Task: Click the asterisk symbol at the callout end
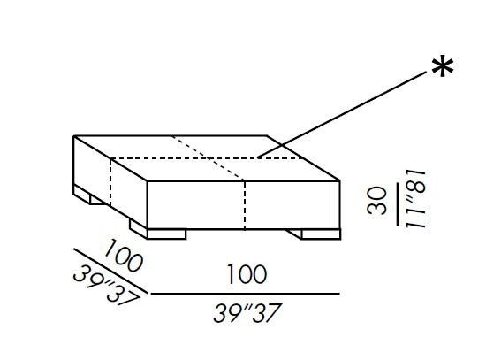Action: (x=443, y=65)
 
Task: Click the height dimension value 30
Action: (x=377, y=201)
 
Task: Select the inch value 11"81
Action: (x=416, y=199)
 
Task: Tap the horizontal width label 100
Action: (x=247, y=274)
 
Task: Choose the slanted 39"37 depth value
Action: (x=106, y=285)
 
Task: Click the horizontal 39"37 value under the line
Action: (x=247, y=313)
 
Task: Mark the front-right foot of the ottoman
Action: (x=321, y=234)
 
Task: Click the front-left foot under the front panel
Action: (x=166, y=234)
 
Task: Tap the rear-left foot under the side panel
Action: (x=90, y=195)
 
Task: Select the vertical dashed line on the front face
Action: (x=245, y=205)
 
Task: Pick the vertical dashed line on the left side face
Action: (x=110, y=181)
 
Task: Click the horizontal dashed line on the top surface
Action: (x=207, y=158)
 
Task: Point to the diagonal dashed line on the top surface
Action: (x=208, y=158)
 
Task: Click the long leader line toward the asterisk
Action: (x=342, y=114)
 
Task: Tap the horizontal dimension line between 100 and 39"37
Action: (x=245, y=294)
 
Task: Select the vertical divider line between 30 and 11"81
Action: (x=398, y=204)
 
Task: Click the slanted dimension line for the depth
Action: (x=110, y=271)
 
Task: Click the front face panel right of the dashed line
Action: (x=292, y=205)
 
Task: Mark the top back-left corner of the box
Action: (x=74, y=136)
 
